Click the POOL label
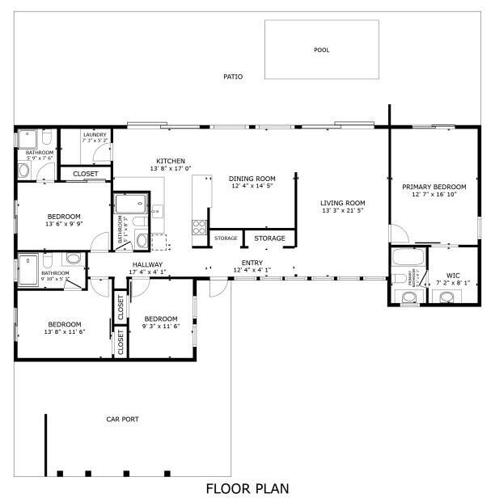[322, 50]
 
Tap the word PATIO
[233, 77]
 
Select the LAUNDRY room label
[95, 134]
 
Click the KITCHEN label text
[171, 161]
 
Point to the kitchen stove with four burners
[199, 227]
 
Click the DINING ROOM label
[252, 179]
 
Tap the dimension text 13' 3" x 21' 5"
[342, 210]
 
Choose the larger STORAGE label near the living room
[269, 238]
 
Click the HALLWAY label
[147, 264]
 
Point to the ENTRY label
[252, 263]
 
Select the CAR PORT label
[123, 419]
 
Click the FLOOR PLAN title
[247, 488]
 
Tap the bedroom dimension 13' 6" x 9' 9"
[63, 224]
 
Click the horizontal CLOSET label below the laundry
[86, 174]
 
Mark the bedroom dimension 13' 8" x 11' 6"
[64, 331]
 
